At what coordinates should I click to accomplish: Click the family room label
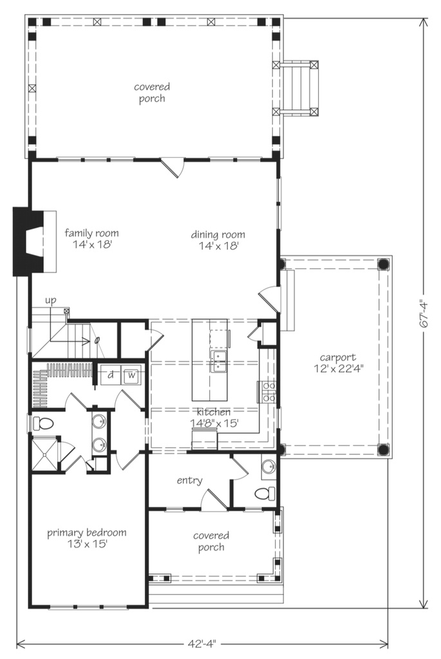click(91, 239)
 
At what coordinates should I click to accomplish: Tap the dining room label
click(218, 239)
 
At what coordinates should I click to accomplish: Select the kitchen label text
click(214, 417)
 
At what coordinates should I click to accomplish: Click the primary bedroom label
click(86, 537)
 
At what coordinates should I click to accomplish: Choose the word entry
click(189, 480)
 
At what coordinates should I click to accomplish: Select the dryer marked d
click(110, 375)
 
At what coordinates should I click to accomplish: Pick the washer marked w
click(131, 375)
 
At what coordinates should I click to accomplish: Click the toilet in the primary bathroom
click(42, 424)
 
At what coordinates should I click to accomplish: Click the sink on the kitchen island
click(218, 362)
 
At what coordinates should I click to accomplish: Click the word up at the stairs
click(51, 301)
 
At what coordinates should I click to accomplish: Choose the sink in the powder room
click(269, 467)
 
